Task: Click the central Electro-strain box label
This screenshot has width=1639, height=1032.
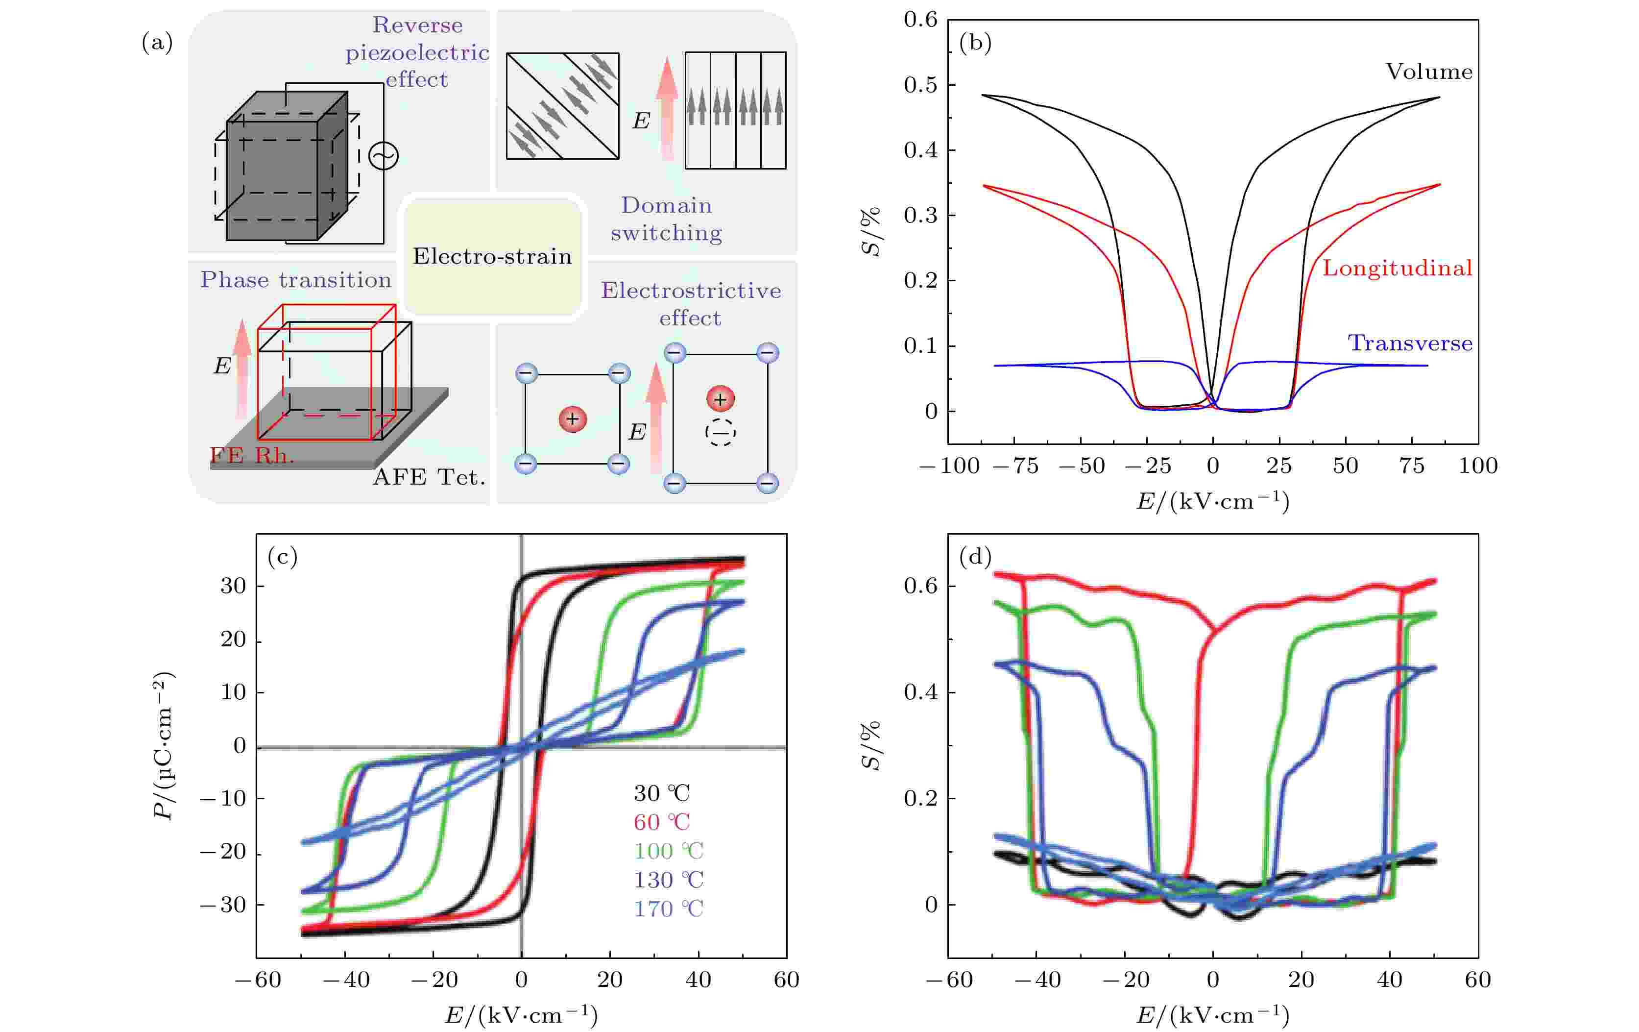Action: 492,257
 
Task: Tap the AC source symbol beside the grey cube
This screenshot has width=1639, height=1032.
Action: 383,156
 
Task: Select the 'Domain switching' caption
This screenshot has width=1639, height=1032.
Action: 666,219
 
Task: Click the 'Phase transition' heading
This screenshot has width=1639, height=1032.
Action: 295,280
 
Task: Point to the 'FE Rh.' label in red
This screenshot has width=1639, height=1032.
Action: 252,455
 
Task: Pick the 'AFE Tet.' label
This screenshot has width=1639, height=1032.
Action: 429,477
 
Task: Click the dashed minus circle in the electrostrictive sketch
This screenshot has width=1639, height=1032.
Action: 720,432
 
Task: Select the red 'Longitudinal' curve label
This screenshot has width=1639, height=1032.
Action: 1397,268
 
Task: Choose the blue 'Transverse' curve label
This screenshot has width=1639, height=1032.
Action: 1410,343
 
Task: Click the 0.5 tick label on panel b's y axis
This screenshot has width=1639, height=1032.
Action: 920,85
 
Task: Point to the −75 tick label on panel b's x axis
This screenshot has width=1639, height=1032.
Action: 1015,467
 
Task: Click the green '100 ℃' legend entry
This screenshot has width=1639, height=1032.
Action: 668,851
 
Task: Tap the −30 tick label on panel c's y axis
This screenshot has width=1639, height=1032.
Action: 222,905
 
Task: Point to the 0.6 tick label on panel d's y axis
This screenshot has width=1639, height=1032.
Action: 920,586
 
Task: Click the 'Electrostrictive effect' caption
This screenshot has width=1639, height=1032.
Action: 690,304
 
